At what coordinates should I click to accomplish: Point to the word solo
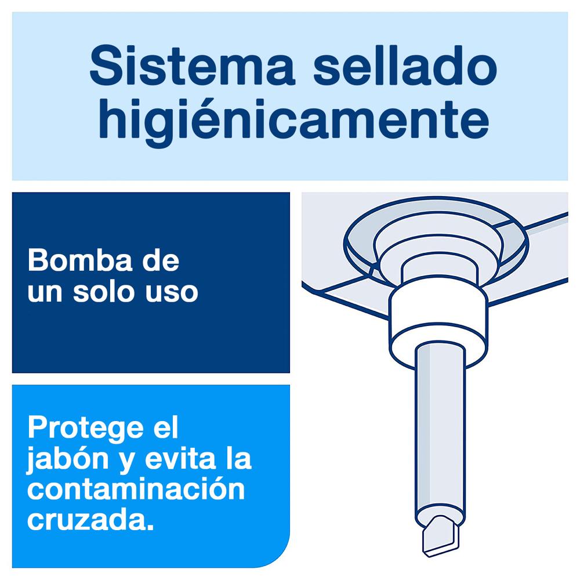click(x=103, y=291)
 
